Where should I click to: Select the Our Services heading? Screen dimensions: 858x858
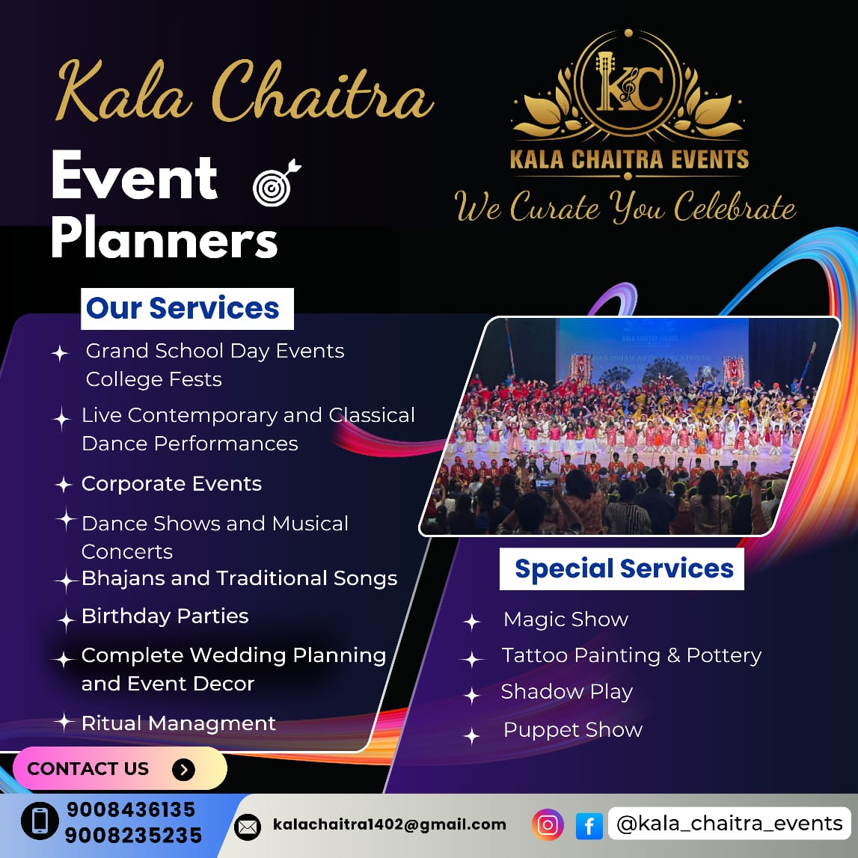coord(183,308)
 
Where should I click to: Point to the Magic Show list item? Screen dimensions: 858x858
coord(566,619)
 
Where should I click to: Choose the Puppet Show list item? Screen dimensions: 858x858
coord(573,730)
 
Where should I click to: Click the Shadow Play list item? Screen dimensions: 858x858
coord(567,692)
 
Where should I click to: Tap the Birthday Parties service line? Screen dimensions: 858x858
coord(165,616)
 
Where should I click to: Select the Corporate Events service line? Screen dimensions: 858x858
coord(171,484)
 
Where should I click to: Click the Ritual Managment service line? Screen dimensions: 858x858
coord(178,723)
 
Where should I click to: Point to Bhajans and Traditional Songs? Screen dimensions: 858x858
coord(239,578)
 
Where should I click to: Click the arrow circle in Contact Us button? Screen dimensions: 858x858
coord(184,769)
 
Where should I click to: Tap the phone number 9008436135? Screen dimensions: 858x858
coord(131,809)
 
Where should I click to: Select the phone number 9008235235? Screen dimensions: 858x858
coord(133,836)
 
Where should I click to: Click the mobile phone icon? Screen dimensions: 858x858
coord(40,821)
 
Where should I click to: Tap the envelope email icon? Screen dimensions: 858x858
coord(248,827)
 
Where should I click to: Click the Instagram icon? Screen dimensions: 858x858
coord(548,824)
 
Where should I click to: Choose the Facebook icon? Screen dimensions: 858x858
coord(589,826)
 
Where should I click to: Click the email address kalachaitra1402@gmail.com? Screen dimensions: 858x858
coord(390,824)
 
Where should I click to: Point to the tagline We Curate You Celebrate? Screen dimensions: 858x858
coord(625,207)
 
